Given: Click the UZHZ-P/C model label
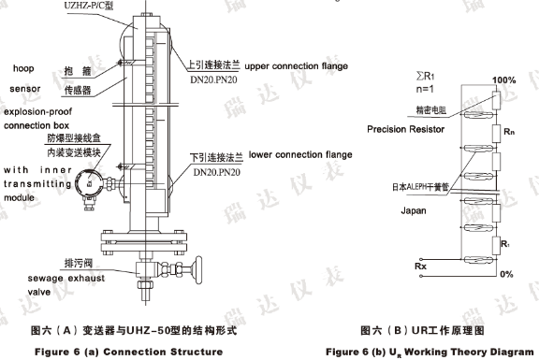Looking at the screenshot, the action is tap(88, 6).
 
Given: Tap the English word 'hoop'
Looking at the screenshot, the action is tap(23, 68).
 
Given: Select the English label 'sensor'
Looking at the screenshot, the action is tap(25, 89).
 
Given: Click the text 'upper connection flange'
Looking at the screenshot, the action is tap(297, 66).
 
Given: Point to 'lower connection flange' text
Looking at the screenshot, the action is tap(300, 154).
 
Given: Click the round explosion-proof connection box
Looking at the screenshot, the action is tap(89, 184).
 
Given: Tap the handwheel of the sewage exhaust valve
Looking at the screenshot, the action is tap(198, 270).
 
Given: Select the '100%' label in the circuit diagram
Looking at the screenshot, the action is tap(504, 80).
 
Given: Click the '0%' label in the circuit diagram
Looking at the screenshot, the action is tap(506, 274).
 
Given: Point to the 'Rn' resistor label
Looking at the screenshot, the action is tap(509, 132).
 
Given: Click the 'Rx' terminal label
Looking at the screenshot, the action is tap(420, 266).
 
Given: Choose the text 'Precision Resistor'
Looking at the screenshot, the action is tap(405, 129).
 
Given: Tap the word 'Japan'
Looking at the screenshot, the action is tap(414, 210).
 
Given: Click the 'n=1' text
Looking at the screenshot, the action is tap(425, 89).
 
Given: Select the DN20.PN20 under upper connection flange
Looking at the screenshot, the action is tap(213, 79).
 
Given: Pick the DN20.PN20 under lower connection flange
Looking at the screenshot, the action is tap(216, 172).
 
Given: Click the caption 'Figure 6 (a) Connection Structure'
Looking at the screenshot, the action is tap(128, 352).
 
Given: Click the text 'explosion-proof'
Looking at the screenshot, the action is tap(37, 111).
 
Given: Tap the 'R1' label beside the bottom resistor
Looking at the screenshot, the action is tap(505, 244).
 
